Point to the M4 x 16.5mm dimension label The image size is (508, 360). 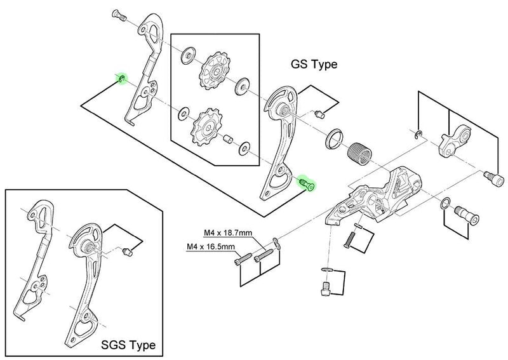coord(210,246)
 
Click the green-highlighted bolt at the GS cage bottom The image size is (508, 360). coord(308,184)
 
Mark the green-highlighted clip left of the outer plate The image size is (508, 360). coord(120,78)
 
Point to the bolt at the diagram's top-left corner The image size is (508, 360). coord(117,13)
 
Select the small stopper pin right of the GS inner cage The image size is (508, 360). coord(319,114)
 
